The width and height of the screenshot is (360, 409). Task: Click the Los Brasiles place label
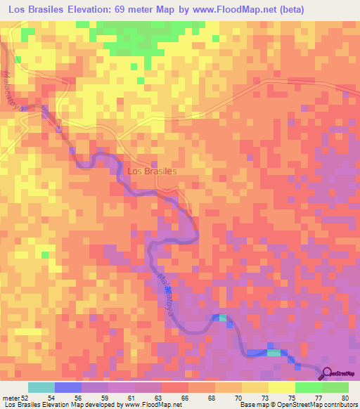(152, 171)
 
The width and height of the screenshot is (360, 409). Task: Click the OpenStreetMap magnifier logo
(328, 373)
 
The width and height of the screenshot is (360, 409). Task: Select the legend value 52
(26, 398)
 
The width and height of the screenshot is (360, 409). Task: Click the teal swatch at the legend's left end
(41, 387)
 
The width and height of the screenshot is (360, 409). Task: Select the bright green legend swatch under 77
(309, 387)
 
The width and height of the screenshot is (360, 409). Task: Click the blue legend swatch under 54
(68, 387)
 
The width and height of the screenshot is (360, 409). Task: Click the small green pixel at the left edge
(46, 254)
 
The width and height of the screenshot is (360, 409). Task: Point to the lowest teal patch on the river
(273, 353)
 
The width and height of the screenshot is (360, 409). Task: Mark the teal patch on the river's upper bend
(222, 318)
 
